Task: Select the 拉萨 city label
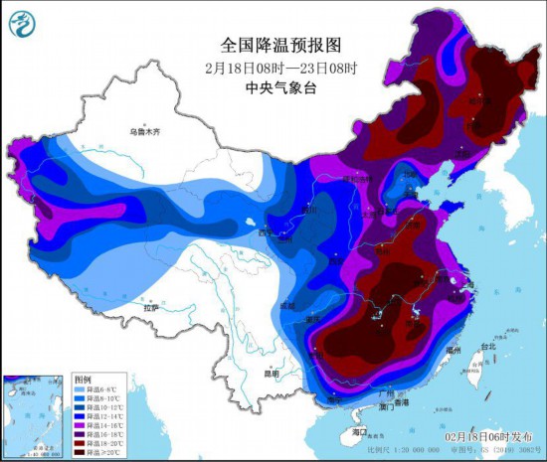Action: [x=150, y=309]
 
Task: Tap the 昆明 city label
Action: [x=271, y=373]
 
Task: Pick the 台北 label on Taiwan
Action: [x=487, y=347]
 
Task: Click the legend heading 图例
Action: [x=83, y=380]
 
